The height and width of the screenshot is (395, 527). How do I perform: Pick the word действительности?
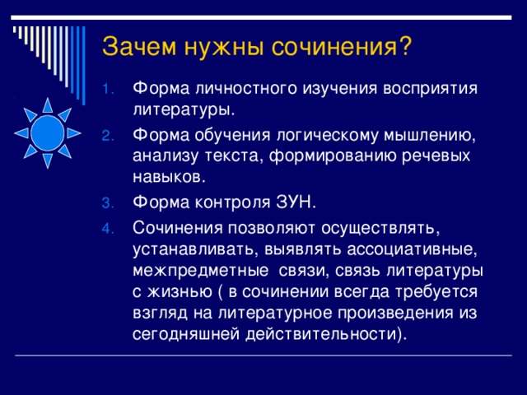tap(316, 335)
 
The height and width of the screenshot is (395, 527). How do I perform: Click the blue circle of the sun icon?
tap(47, 132)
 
